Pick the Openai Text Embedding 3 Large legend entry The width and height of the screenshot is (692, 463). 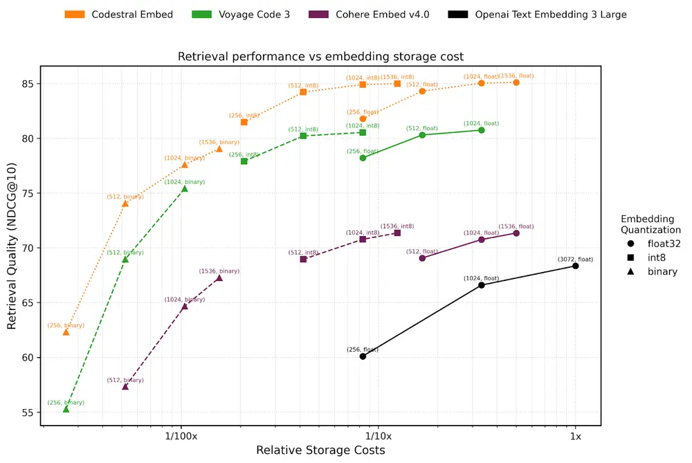[x=537, y=14]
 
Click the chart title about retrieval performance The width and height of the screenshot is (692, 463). [x=320, y=56]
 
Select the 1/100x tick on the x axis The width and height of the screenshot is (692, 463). [x=181, y=437]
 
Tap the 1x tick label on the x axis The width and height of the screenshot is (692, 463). [x=575, y=437]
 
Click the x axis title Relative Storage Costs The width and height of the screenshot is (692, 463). [x=320, y=451]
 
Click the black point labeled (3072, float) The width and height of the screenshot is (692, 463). [x=575, y=266]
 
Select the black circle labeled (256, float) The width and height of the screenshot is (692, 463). [x=363, y=356]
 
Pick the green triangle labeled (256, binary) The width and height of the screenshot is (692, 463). [x=66, y=409]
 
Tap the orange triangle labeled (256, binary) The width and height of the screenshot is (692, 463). [x=66, y=332]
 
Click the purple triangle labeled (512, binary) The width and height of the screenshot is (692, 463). [x=125, y=386]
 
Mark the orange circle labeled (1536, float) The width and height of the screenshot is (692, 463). [x=516, y=82]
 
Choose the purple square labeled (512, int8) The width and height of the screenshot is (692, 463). [x=303, y=259]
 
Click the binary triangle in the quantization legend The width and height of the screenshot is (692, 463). [x=630, y=272]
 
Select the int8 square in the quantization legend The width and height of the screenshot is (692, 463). [x=630, y=257]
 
